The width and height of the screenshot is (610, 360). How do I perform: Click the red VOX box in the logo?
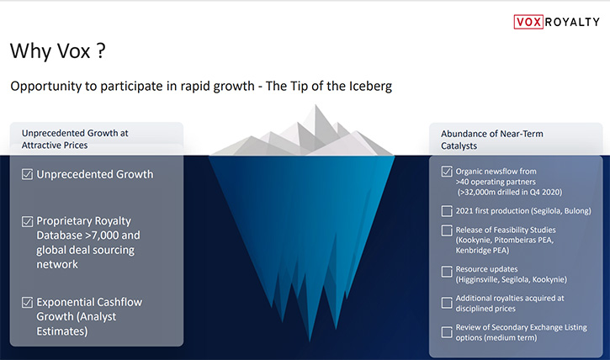pyautogui.click(x=528, y=22)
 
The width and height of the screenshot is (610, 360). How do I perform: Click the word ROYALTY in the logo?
pyautogui.click(x=572, y=22)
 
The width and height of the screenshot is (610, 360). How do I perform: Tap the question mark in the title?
pyautogui.click(x=101, y=51)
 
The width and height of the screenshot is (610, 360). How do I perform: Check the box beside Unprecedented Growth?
pyautogui.click(x=27, y=174)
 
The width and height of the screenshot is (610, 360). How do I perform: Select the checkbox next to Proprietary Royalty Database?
pyautogui.click(x=27, y=221)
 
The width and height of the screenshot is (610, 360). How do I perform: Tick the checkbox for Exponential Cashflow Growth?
pyautogui.click(x=27, y=302)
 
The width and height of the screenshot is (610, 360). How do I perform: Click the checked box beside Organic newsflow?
pyautogui.click(x=447, y=172)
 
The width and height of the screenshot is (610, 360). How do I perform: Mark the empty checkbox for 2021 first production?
pyautogui.click(x=447, y=211)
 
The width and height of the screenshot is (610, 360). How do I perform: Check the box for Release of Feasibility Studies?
pyautogui.click(x=447, y=230)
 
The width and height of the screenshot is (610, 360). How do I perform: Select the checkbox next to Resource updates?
pyautogui.click(x=447, y=271)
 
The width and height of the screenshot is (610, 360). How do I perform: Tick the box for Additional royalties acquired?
pyautogui.click(x=447, y=303)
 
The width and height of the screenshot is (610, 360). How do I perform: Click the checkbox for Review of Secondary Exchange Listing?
pyautogui.click(x=447, y=332)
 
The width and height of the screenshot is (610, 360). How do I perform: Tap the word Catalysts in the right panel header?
pyautogui.click(x=459, y=146)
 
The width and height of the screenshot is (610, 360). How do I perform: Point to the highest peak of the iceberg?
pyautogui.click(x=316, y=105)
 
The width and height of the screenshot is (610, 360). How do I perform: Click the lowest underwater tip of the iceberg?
pyautogui.click(x=310, y=341)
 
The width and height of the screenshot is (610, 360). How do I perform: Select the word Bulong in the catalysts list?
pyautogui.click(x=577, y=211)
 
